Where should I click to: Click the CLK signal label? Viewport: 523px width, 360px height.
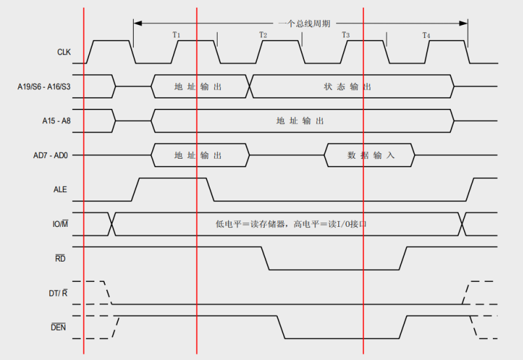tap(64, 52)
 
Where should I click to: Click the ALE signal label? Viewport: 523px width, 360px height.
tap(60, 190)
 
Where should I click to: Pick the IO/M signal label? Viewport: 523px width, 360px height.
tap(60, 224)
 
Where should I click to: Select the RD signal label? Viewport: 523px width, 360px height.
tap(60, 258)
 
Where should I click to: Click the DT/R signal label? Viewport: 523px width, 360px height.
tap(58, 292)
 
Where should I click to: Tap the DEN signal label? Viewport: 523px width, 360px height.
tap(59, 327)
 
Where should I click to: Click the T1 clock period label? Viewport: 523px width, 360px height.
tap(176, 35)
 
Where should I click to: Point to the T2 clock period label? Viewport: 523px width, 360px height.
tap(263, 35)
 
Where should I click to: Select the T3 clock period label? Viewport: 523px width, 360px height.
tap(345, 35)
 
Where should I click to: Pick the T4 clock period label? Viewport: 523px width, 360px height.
tap(426, 35)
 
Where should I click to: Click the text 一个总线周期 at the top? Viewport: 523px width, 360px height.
tap(300, 23)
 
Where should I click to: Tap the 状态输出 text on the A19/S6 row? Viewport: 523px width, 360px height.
tap(347, 87)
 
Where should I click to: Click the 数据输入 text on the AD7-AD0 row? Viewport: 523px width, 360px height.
tap(371, 155)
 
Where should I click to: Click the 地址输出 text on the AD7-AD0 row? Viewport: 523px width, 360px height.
tap(198, 155)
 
